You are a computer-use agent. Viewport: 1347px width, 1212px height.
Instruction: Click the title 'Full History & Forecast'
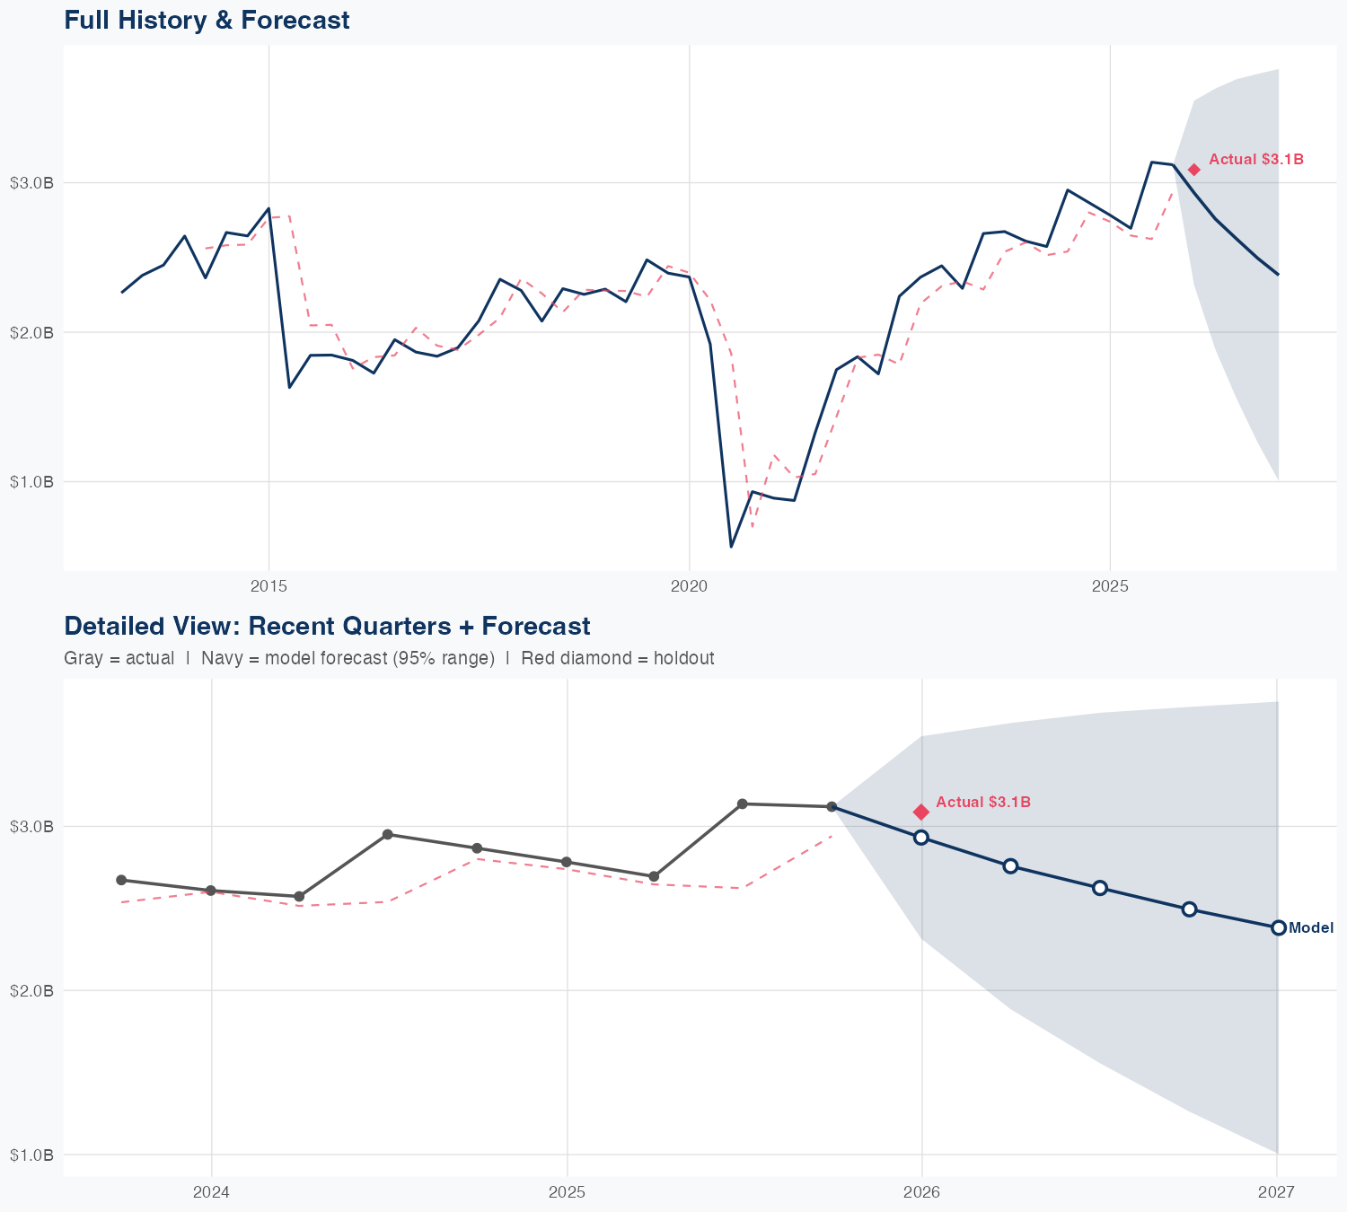pyautogui.click(x=207, y=20)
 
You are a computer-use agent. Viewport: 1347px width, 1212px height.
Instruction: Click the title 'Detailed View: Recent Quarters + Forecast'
pyautogui.click(x=327, y=626)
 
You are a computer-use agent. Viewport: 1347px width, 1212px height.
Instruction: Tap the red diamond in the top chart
pyautogui.click(x=1193, y=170)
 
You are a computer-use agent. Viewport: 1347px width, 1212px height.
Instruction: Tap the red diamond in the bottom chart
pyautogui.click(x=921, y=812)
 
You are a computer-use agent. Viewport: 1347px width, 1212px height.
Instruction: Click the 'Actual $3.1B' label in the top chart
pyautogui.click(x=1255, y=160)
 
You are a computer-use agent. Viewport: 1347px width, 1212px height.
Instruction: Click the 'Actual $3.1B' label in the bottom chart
pyautogui.click(x=982, y=802)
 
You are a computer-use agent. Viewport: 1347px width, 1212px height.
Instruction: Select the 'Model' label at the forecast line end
pyautogui.click(x=1310, y=928)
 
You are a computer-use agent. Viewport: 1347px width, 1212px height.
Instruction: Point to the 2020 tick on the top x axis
pyautogui.click(x=689, y=586)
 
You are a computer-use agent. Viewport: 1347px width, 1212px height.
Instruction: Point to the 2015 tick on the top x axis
pyautogui.click(x=269, y=586)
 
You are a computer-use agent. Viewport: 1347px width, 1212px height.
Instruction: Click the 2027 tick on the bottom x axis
pyautogui.click(x=1276, y=1192)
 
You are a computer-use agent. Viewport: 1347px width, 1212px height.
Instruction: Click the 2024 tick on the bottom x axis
pyautogui.click(x=212, y=1192)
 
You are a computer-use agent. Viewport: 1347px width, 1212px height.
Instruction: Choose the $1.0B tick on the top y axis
pyautogui.click(x=31, y=482)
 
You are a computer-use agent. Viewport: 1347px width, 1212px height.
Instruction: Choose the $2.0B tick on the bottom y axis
pyautogui.click(x=31, y=990)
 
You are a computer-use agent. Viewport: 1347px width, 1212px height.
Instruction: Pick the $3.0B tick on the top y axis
pyautogui.click(x=31, y=183)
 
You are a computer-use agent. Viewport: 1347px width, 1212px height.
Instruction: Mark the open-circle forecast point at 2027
pyautogui.click(x=1278, y=927)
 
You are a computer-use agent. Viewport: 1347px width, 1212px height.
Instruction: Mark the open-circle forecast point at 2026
pyautogui.click(x=921, y=837)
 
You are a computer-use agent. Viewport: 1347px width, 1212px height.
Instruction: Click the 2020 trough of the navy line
pyautogui.click(x=731, y=546)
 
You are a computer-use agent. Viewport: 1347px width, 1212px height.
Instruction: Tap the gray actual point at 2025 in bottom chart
pyautogui.click(x=566, y=862)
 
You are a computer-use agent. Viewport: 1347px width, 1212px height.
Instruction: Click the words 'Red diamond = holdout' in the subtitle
pyautogui.click(x=617, y=658)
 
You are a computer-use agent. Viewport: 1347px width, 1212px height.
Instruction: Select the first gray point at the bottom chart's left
pyautogui.click(x=121, y=880)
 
